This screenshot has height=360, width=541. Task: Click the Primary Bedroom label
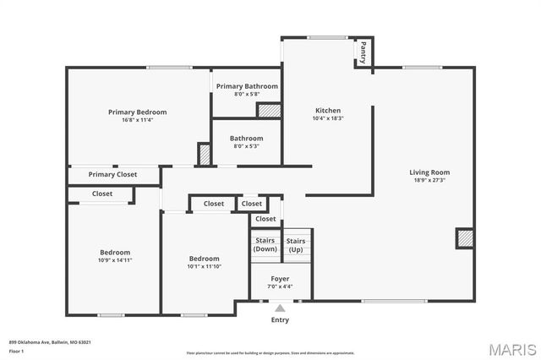pyautogui.click(x=137, y=112)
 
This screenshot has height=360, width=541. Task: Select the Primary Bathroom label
pyautogui.click(x=247, y=86)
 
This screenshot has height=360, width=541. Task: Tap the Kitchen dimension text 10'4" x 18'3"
pyautogui.click(x=328, y=119)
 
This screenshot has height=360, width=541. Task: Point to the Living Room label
pyautogui.click(x=430, y=172)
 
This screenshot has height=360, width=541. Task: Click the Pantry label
pyautogui.click(x=363, y=52)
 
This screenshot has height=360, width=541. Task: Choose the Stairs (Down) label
pyautogui.click(x=265, y=245)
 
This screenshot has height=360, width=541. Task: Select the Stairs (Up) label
pyautogui.click(x=296, y=245)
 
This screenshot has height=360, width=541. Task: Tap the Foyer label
pyautogui.click(x=280, y=278)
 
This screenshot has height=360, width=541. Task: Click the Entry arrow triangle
pyautogui.click(x=280, y=308)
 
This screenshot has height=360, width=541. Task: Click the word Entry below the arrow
pyautogui.click(x=280, y=320)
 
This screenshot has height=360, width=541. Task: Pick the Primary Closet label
pyautogui.click(x=113, y=175)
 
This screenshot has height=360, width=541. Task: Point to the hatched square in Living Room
pyautogui.click(x=464, y=238)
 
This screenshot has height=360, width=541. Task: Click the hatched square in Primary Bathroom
pyautogui.click(x=268, y=110)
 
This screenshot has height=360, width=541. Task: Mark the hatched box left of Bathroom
pyautogui.click(x=204, y=155)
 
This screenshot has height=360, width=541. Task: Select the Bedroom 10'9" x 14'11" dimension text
pyautogui.click(x=115, y=260)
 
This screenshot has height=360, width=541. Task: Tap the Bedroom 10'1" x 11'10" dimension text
pyautogui.click(x=204, y=266)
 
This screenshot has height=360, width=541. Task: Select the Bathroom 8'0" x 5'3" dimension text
pyautogui.click(x=246, y=145)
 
